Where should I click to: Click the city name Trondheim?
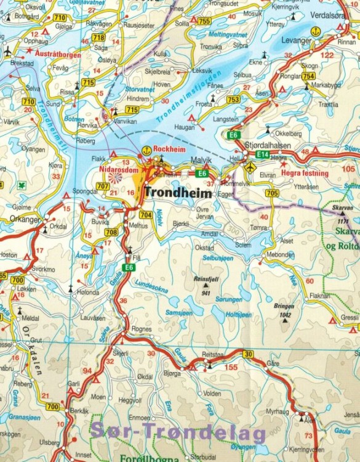[x=178, y=193]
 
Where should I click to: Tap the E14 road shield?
[x=263, y=153]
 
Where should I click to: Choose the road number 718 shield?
[x=98, y=37]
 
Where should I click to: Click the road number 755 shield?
[x=204, y=22]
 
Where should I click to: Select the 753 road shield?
[x=233, y=99]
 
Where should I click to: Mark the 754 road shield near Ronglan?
[x=308, y=76]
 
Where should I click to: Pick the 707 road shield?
[x=103, y=185]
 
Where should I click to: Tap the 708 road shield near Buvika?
[x=111, y=232]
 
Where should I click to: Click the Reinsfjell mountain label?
[x=206, y=279]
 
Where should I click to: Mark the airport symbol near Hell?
[x=250, y=167]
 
